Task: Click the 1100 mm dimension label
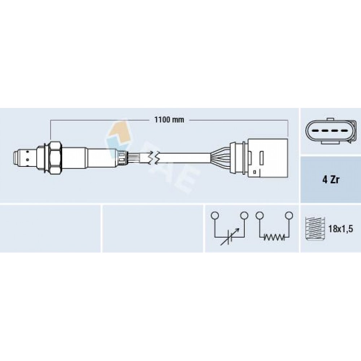(x=169, y=120)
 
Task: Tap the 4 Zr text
(x=331, y=180)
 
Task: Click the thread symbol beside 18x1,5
(x=314, y=229)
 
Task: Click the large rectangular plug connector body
(x=268, y=158)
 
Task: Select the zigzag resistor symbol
(x=274, y=237)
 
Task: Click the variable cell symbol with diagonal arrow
(x=229, y=237)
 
